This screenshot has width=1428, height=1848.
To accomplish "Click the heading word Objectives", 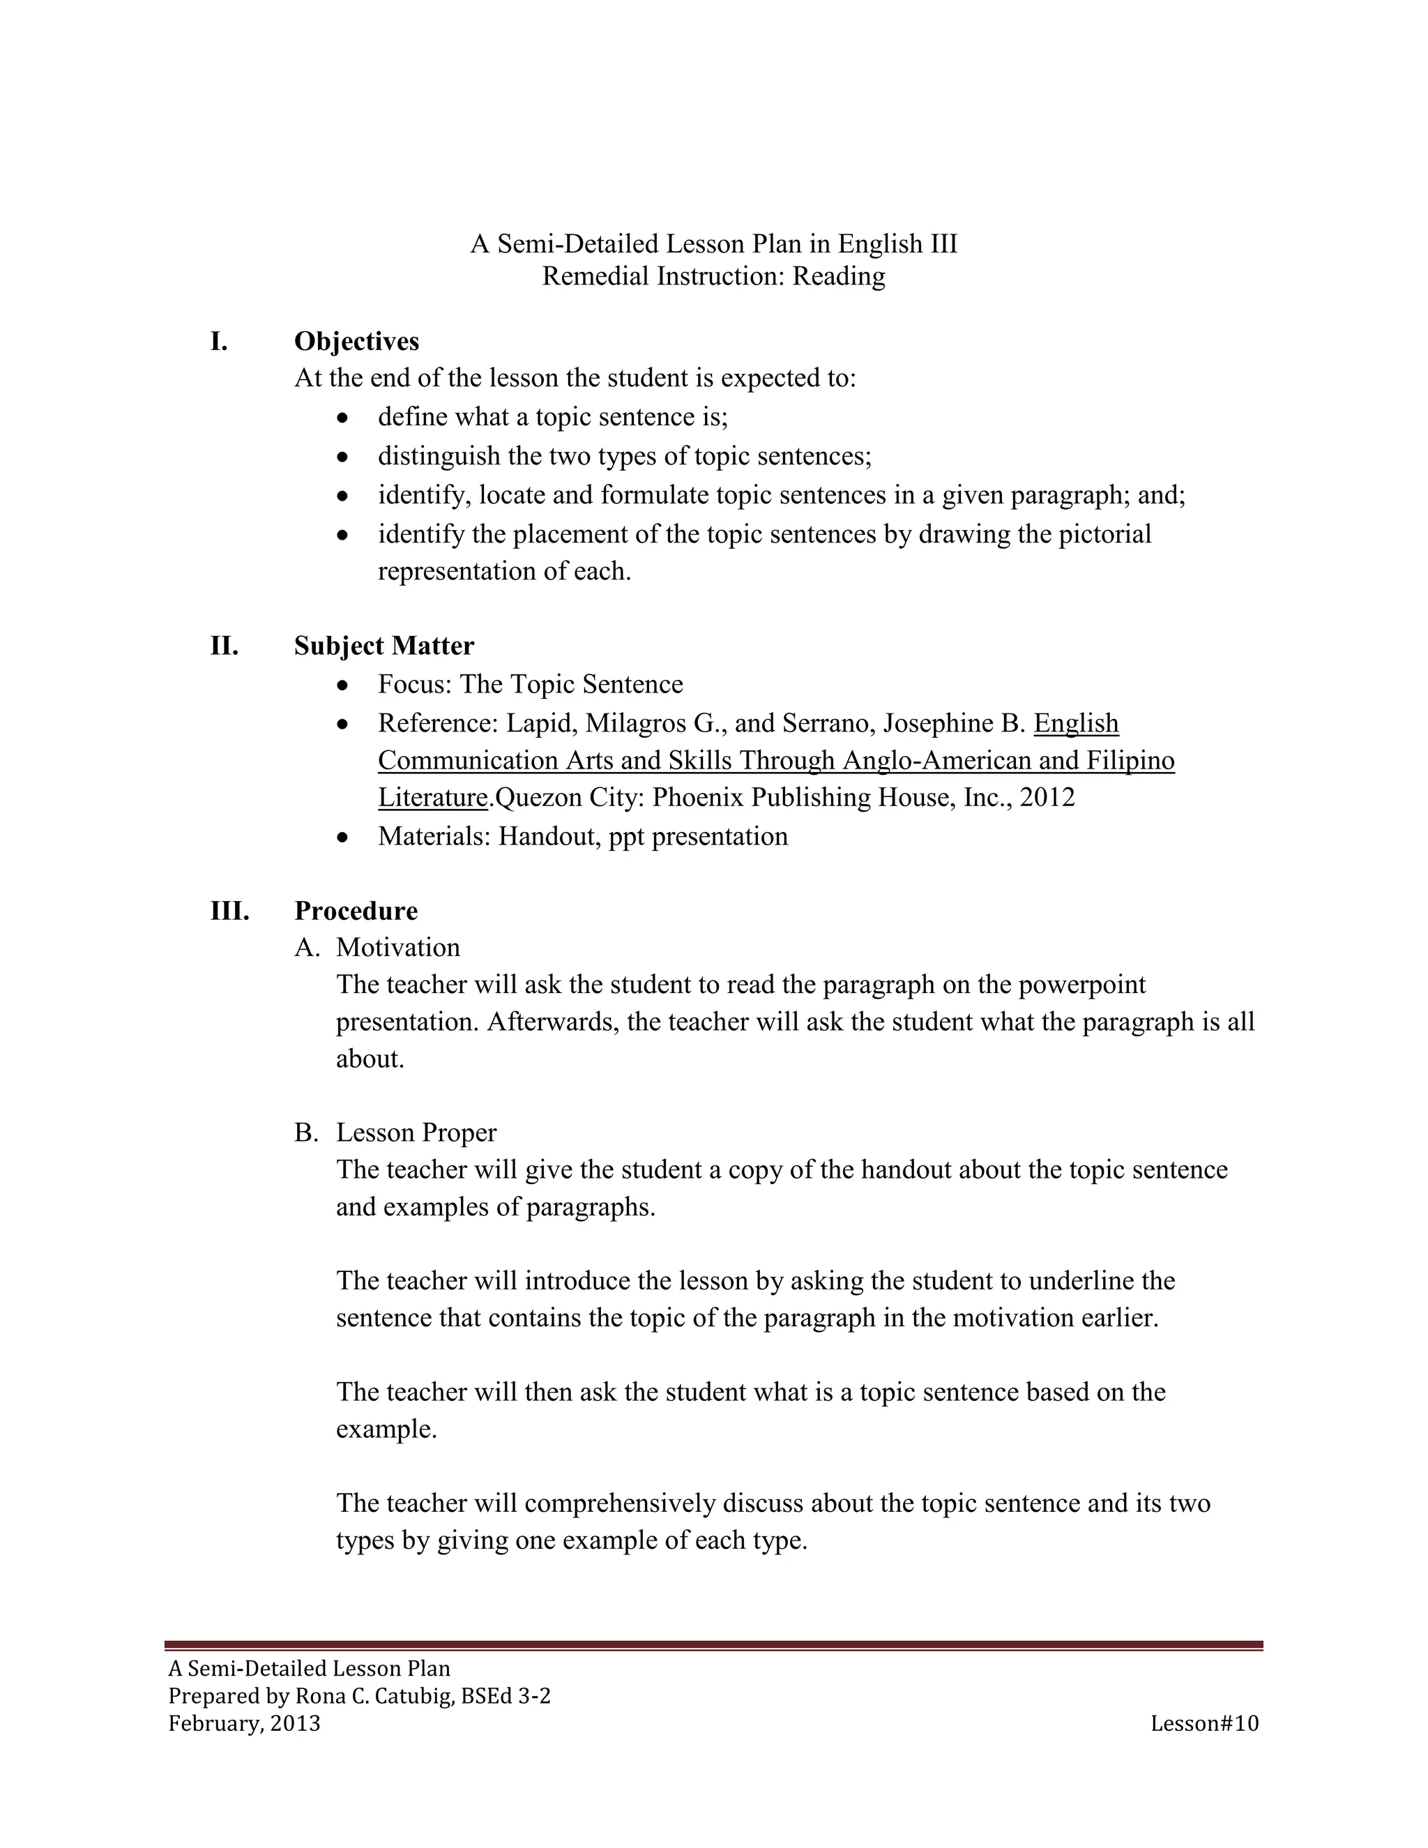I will point(356,341).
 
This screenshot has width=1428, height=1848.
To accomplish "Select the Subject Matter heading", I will point(384,646).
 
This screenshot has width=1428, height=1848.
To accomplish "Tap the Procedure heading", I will point(356,911).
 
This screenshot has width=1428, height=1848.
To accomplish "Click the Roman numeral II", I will point(225,646).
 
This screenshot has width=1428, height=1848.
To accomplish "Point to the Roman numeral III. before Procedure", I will point(229,911).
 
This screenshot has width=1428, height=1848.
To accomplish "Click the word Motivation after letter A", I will point(397,947).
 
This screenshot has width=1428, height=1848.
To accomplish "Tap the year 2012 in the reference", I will point(1047,797).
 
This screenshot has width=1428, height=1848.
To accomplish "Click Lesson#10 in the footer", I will point(1203,1724).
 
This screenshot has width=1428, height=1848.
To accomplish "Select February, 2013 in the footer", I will point(245,1724).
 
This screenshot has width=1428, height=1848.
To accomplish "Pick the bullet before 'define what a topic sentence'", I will point(342,418).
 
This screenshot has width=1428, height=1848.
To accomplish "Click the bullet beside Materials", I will point(342,838).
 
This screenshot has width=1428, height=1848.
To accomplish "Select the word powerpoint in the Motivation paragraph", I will point(1082,984).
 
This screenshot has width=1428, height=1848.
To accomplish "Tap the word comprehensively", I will point(622,1503).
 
